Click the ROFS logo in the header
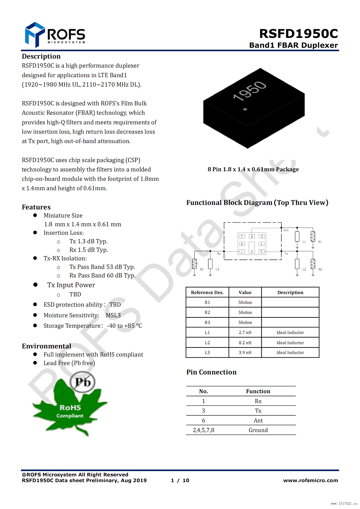55,35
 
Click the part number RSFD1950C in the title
299,34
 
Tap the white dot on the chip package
245,109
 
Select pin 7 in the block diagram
242,236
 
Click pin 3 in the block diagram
261,251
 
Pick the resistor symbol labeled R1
313,236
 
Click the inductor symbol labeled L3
210,264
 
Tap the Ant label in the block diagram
286,230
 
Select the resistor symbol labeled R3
194,264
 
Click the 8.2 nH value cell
245,343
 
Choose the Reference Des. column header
207,292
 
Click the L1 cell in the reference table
207,332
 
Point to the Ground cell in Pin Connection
258,430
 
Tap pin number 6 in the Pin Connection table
204,420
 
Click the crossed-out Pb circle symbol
83,382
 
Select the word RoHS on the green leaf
70,408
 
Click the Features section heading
36,207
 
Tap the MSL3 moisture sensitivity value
113,315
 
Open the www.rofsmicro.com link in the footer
311,480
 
